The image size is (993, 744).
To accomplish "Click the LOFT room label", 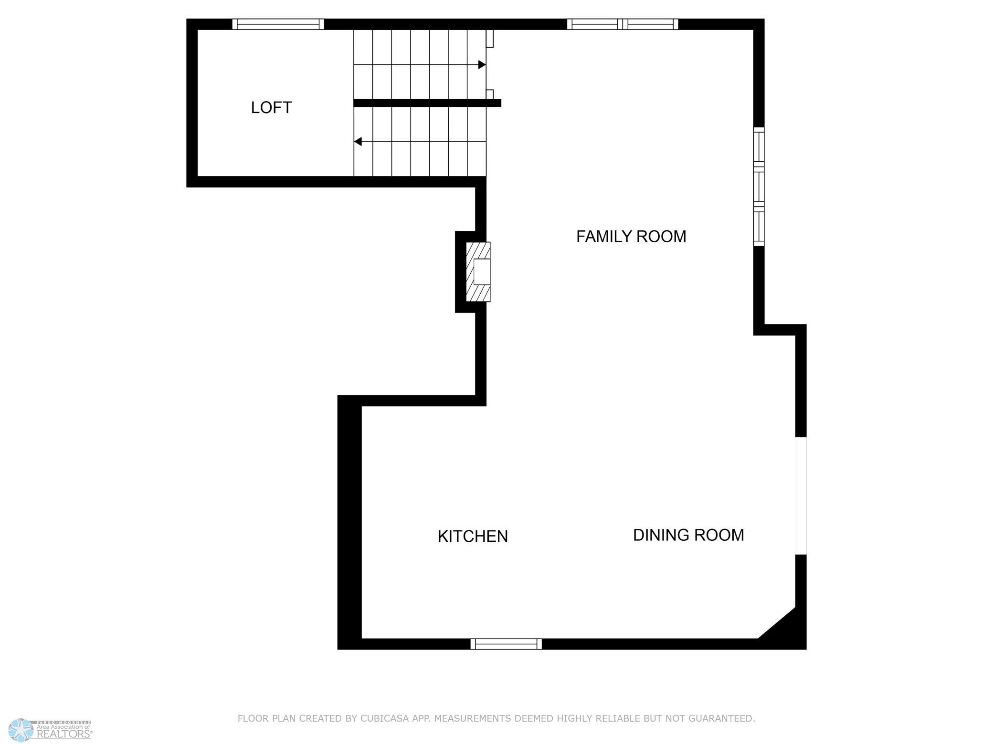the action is [x=271, y=108].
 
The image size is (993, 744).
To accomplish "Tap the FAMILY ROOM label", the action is [x=631, y=237].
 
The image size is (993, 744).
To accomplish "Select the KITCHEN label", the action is [x=473, y=537].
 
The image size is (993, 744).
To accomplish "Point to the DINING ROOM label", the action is [x=688, y=535].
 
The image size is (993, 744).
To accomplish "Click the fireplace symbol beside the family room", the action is [x=478, y=272].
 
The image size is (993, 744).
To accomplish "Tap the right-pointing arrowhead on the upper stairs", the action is [x=482, y=64].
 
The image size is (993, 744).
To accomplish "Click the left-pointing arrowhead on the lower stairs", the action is [x=358, y=142].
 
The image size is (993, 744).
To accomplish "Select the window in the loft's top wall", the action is [x=278, y=24].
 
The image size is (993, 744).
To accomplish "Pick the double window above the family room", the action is [x=623, y=24].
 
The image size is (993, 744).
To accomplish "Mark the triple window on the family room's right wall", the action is [x=759, y=187].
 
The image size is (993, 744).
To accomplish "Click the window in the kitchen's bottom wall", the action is [x=506, y=644].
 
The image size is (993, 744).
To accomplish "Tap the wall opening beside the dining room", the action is [x=801, y=496].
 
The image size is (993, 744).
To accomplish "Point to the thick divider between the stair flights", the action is [x=427, y=103].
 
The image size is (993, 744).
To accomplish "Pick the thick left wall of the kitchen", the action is [x=349, y=522].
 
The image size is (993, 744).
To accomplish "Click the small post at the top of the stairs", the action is [x=490, y=39].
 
